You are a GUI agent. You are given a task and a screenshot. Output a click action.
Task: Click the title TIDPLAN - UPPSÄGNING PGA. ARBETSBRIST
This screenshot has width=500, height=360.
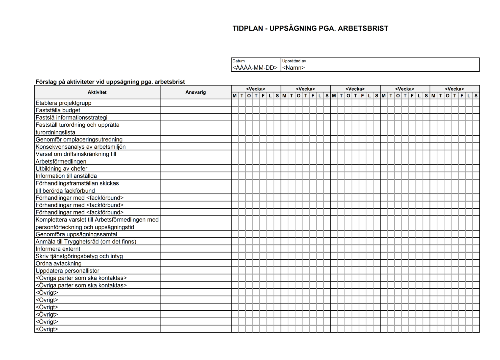310,28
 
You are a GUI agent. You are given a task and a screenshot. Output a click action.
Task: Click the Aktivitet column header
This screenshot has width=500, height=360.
97,92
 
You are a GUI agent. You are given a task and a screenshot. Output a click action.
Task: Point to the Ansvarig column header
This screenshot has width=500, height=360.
195,92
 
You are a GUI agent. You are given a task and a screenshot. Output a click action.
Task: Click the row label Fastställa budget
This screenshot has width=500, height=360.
57,110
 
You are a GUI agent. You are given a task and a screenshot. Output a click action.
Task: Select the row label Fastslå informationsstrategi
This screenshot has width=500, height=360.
71,118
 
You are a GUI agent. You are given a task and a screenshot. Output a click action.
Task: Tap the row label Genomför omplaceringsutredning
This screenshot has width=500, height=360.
79,140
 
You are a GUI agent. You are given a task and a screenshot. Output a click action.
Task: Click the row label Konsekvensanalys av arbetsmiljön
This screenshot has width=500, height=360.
80,147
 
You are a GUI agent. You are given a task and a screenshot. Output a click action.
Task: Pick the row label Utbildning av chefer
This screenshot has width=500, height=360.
61,169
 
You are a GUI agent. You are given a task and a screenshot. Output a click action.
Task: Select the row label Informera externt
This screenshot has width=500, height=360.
58,249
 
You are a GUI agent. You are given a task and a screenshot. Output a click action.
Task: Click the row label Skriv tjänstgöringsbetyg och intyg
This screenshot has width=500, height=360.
79,256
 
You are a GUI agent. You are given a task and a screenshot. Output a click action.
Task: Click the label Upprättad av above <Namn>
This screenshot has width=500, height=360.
294,61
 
